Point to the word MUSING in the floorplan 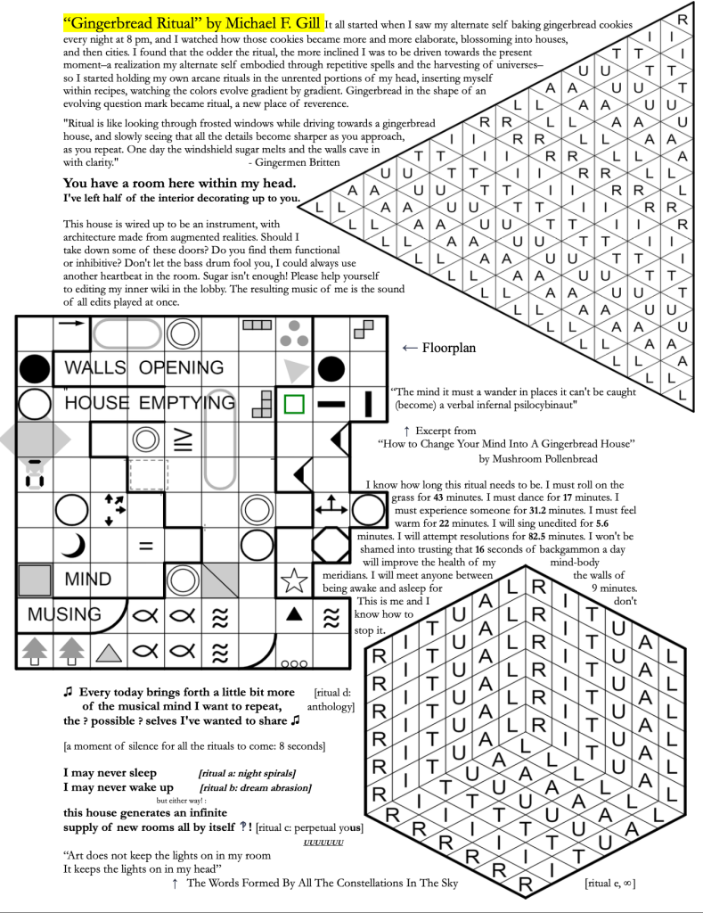[64, 614]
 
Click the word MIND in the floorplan [88, 580]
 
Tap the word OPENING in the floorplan [181, 367]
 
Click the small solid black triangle [293, 613]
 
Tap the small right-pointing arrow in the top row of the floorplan [69, 325]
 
